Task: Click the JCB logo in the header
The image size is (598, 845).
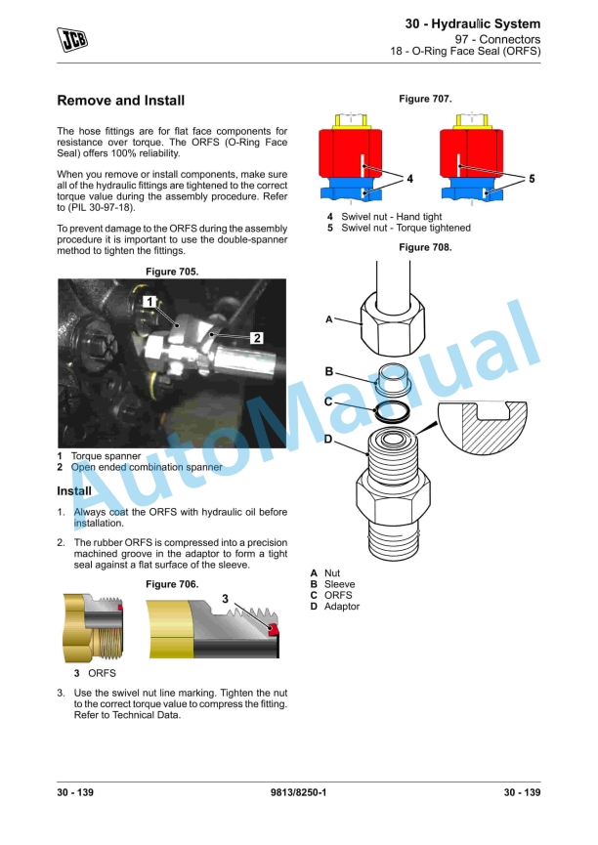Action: tap(72, 39)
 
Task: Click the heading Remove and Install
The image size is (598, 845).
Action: tap(120, 101)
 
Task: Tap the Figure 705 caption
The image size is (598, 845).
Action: tap(172, 271)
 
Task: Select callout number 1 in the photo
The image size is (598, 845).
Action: tap(149, 302)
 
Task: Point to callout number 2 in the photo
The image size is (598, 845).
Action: tap(256, 338)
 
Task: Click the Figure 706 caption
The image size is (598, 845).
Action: tap(172, 583)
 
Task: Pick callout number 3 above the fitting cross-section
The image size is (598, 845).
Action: tap(225, 598)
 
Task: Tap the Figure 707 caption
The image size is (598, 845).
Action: tap(425, 99)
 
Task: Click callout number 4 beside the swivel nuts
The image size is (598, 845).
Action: tap(410, 179)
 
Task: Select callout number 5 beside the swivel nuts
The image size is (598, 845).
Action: tap(532, 179)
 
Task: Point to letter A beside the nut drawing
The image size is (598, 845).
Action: tap(329, 319)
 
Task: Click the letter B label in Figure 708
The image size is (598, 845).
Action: tap(329, 371)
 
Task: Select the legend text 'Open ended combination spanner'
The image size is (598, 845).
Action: tap(147, 467)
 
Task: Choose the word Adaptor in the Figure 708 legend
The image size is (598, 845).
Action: tap(342, 607)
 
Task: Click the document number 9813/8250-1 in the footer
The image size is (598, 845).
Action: tap(298, 792)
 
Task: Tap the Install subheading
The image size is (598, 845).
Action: tap(74, 490)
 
